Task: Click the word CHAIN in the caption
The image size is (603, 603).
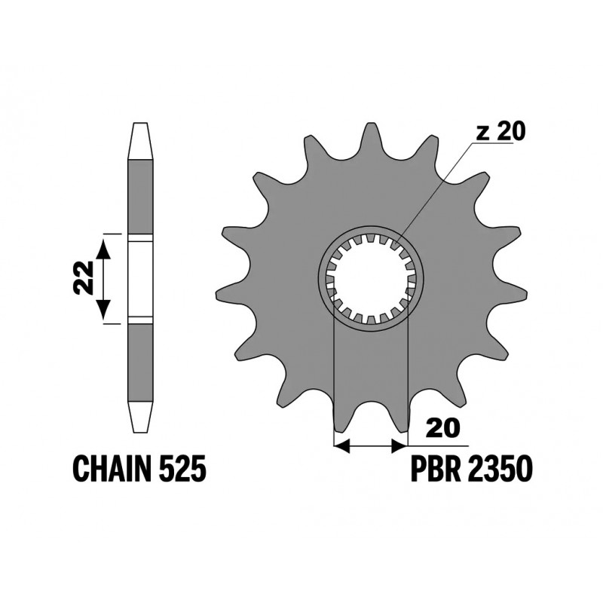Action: point(112,468)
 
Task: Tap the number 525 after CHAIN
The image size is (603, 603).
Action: point(182,468)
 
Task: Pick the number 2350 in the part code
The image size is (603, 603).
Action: point(500,468)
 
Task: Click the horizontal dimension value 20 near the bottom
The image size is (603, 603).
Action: point(443,427)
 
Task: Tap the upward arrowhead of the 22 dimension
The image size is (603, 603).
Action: point(103,248)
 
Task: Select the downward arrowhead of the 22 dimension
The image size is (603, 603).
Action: point(103,309)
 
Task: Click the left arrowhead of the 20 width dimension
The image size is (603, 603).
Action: point(341,446)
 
